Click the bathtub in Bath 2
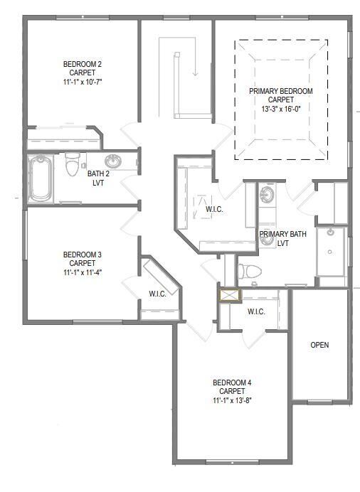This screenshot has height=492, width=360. click(x=41, y=178)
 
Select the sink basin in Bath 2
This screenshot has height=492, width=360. click(x=112, y=161)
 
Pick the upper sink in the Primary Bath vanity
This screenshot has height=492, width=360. click(x=268, y=193)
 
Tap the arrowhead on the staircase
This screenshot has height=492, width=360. click(x=194, y=73)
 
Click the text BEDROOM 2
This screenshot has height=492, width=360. click(x=82, y=64)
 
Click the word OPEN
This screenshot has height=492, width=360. click(x=320, y=345)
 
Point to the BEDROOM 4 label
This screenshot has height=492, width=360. click(x=232, y=383)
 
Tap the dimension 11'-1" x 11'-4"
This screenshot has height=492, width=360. click(x=82, y=271)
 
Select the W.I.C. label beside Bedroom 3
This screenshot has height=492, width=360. click(x=157, y=294)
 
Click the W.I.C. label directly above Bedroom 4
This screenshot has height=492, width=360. click(x=257, y=311)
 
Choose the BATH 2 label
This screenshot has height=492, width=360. click(x=97, y=173)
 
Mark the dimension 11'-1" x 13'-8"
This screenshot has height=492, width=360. click(x=232, y=400)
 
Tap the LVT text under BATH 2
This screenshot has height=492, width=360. click(x=97, y=181)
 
